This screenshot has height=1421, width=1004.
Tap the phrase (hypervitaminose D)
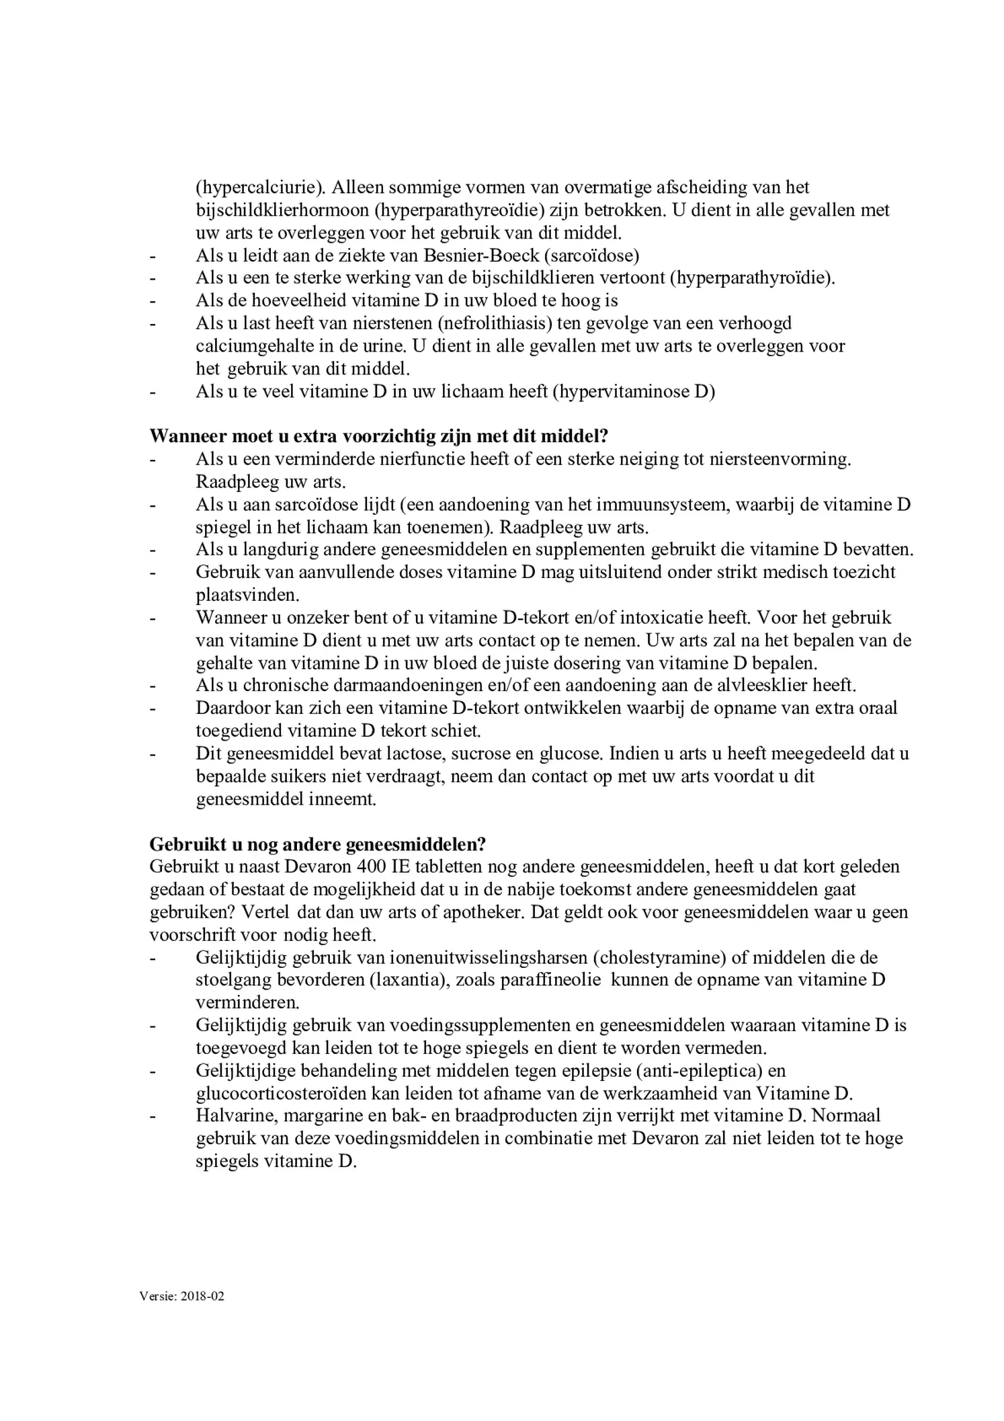[x=634, y=391]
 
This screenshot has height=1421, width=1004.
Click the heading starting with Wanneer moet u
[x=378, y=436]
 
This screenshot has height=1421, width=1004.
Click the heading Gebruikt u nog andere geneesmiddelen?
[x=318, y=844]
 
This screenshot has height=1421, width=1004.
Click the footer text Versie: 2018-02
[x=182, y=1296]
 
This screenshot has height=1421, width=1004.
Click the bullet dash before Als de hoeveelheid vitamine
[x=153, y=300]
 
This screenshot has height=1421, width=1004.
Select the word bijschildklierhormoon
[x=282, y=210]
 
